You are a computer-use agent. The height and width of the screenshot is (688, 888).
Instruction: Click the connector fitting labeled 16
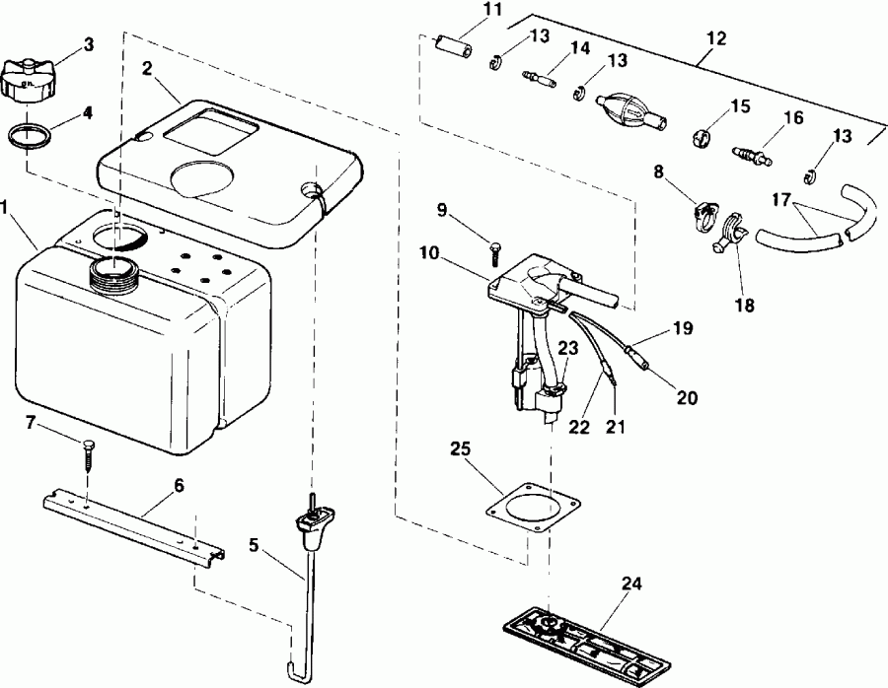[x=753, y=154]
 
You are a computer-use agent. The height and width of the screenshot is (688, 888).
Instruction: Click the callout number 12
[x=716, y=39]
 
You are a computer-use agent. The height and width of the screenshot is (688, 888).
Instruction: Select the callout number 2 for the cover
[x=146, y=68]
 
